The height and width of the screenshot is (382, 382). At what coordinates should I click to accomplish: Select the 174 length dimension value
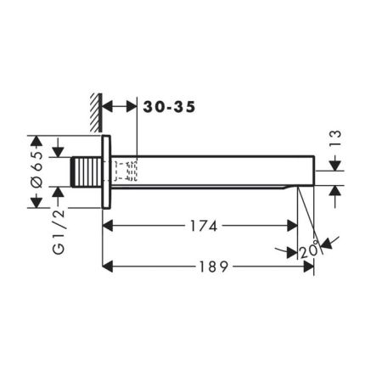(201, 226)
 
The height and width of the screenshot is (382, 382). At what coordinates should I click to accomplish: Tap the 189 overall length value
(207, 267)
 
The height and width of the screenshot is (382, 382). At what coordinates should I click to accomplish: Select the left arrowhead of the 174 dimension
(110, 226)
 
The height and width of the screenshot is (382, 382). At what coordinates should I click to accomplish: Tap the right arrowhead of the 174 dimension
(291, 226)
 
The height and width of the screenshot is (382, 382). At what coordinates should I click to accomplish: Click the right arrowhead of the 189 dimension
(307, 267)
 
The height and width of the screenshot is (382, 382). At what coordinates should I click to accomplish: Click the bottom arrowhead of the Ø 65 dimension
(36, 202)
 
